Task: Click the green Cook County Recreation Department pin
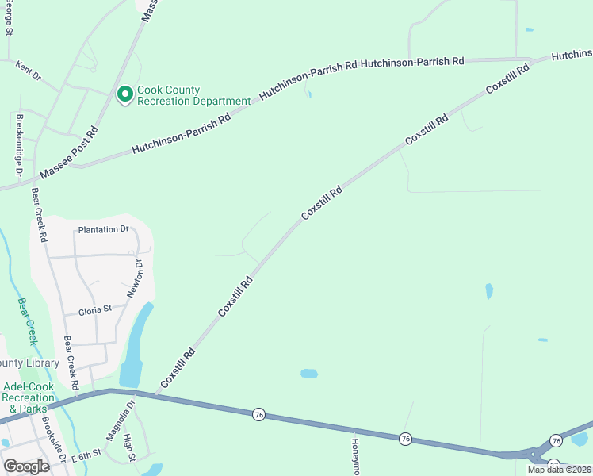124,95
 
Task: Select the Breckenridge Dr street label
19,145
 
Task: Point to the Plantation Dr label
103,229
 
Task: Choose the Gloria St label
93,311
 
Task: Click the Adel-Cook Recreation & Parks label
29,397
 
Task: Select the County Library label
30,363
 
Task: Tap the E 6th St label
86,456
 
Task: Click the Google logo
26,466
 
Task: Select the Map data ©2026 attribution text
559,470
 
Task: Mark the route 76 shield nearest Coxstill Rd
258,413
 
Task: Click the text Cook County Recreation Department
193,96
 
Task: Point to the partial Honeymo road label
356,457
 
